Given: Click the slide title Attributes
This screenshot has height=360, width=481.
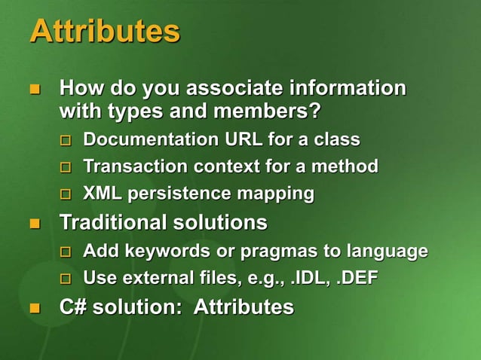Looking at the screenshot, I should pos(105,32).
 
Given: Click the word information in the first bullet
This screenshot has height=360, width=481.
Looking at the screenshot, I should pos(346,89).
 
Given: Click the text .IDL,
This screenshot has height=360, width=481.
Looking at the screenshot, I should pos(311,279).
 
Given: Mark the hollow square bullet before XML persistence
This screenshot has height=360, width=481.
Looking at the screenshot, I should pos(66,195).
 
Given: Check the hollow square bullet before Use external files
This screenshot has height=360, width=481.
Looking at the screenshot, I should pos(66,279).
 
